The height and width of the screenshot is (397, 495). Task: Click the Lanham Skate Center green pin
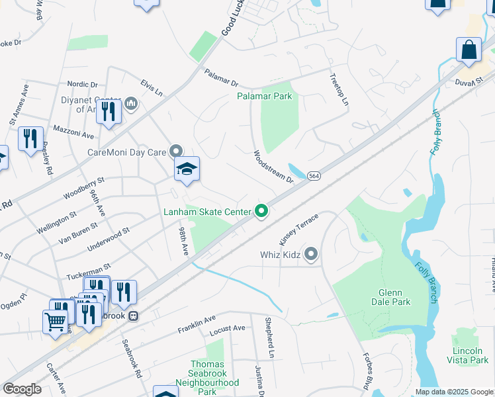click(261, 212)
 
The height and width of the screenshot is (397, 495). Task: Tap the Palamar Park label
click(265, 96)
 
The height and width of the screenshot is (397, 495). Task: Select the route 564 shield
click(314, 176)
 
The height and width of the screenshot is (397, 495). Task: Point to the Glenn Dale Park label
click(394, 297)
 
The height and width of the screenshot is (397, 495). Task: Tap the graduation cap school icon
click(187, 169)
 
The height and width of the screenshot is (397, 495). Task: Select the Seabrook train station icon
click(133, 316)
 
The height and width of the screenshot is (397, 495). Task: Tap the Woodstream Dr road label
click(273, 166)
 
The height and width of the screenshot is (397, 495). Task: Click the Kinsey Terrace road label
click(298, 231)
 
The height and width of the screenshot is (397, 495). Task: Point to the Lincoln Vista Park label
click(470, 355)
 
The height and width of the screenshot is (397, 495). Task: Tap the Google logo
click(22, 389)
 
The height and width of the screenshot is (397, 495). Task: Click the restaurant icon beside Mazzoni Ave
click(30, 139)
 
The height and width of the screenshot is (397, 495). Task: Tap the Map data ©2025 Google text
click(453, 392)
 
